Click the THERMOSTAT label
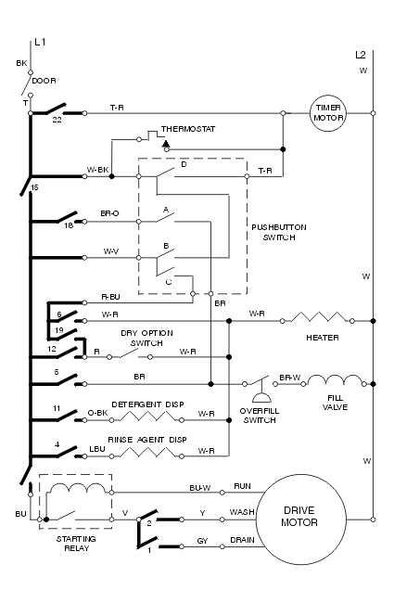point(188,129)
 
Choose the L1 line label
point(40,42)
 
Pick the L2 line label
point(361,55)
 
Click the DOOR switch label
point(44,81)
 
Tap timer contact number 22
point(57,120)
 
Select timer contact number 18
point(69,225)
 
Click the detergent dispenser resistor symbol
point(147,417)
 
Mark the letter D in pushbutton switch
point(184,164)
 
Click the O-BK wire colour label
point(97,413)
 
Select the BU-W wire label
point(200,488)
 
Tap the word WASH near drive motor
point(242,512)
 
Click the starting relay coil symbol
point(77,488)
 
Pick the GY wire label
point(202,541)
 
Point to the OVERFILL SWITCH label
point(260,416)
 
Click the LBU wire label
point(97,449)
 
